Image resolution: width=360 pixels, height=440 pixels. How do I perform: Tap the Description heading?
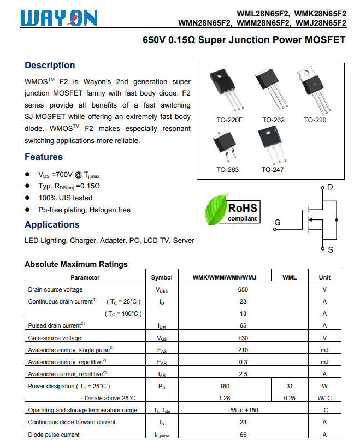click(50, 66)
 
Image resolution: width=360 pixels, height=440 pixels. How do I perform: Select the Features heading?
click(44, 157)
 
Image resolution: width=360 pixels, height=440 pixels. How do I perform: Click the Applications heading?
click(52, 225)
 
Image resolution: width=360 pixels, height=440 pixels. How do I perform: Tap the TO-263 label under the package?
click(227, 170)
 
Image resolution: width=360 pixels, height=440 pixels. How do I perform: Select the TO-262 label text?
click(273, 120)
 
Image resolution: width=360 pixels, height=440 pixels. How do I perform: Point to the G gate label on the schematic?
click(278, 223)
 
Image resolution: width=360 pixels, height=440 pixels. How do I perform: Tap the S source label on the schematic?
click(330, 250)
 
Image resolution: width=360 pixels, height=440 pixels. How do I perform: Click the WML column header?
click(290, 277)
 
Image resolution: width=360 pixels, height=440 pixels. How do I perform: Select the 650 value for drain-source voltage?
click(243, 289)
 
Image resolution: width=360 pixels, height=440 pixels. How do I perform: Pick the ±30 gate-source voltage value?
click(243, 338)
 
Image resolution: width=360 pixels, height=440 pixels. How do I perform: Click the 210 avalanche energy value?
click(243, 350)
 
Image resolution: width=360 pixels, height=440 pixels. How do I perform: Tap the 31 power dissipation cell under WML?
click(290, 386)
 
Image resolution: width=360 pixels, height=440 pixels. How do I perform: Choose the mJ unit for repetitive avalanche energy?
click(324, 362)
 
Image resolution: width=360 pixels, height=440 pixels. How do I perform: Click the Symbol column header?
click(162, 277)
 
